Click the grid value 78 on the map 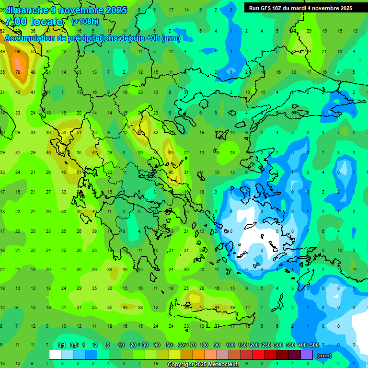[x=18, y=72]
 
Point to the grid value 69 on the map [x=18, y=51]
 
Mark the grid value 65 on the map [x=171, y=152]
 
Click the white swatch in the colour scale [x=55, y=355]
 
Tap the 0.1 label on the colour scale [x=61, y=345]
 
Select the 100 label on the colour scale [x=230, y=345]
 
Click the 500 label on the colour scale [x=314, y=345]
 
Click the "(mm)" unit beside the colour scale [x=324, y=356]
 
